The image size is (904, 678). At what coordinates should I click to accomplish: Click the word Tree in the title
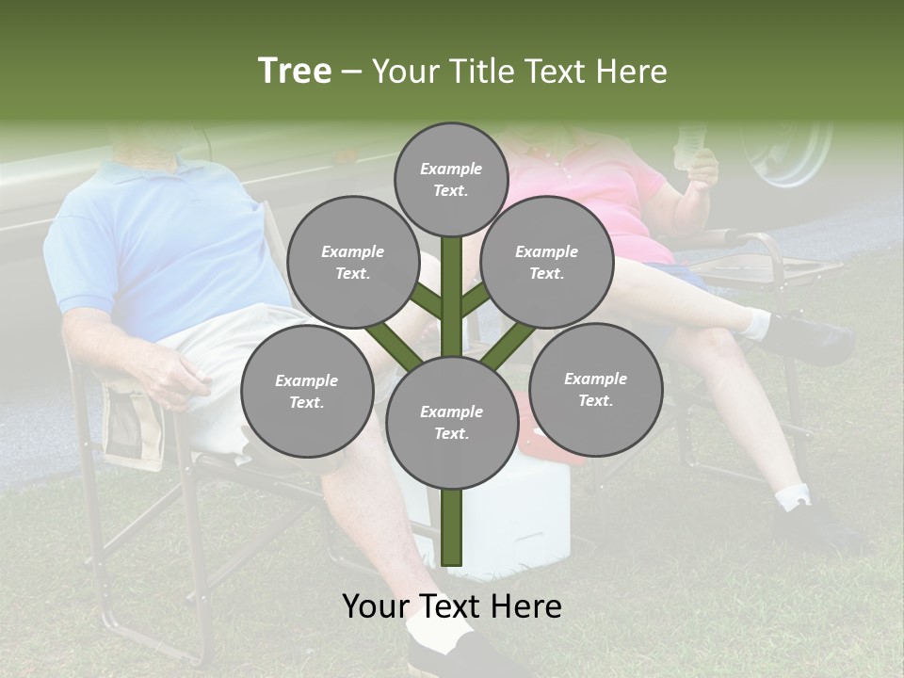coord(295,72)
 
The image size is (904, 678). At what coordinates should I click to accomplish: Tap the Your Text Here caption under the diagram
coord(452,606)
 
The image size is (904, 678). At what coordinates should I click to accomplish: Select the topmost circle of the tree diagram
coord(451,179)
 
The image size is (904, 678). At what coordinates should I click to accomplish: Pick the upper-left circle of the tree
coord(352,263)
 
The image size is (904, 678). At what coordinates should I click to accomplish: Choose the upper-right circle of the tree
coord(546,263)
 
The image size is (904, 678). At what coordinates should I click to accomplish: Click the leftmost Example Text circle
coord(306,391)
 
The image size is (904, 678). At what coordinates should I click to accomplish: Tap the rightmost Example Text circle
coord(595,389)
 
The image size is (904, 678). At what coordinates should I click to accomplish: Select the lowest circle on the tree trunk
coord(451,422)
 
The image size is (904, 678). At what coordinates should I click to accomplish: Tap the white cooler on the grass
coord(527,518)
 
